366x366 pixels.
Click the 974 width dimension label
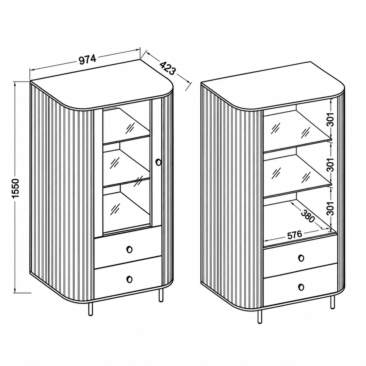pos(87,59)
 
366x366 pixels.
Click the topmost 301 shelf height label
pos(331,120)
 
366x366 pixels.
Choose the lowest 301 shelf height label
pos(331,209)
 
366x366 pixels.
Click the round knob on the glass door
pos(158,162)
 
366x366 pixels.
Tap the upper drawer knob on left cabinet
pos(129,249)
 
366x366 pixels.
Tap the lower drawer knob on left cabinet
pos(129,279)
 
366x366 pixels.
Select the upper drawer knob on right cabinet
pos(301,258)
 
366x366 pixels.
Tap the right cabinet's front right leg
pos(332,302)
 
